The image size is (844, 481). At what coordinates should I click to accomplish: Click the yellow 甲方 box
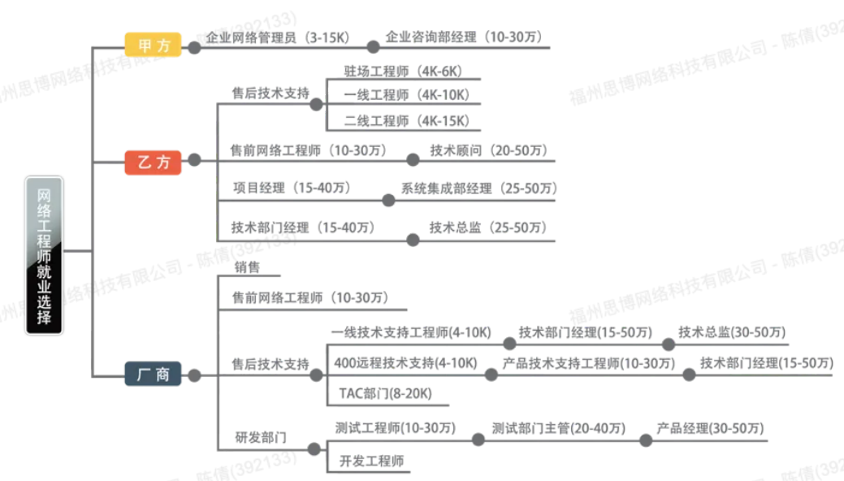(x=153, y=45)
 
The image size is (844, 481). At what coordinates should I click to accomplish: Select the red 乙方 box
(x=153, y=162)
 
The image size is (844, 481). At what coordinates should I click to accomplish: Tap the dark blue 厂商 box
(x=153, y=375)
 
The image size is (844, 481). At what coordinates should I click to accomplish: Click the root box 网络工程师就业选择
(x=44, y=256)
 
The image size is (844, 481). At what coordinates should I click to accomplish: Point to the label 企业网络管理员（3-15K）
(x=279, y=37)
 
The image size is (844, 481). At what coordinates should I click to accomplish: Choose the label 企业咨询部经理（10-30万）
(x=465, y=37)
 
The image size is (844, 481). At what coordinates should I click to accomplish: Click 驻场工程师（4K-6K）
(x=403, y=71)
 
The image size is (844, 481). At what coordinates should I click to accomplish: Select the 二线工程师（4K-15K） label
(x=407, y=120)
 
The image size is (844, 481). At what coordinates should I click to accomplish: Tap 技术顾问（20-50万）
(x=489, y=150)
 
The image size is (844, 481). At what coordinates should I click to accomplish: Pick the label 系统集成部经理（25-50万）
(x=479, y=188)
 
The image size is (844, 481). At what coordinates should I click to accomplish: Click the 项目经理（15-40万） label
(x=292, y=188)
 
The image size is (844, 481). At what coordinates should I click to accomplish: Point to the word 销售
(x=247, y=267)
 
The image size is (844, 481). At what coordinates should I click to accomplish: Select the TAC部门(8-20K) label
(x=385, y=393)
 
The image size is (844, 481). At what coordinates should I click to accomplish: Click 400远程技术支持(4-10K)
(x=405, y=363)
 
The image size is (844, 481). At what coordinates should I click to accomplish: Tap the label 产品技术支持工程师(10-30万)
(x=588, y=363)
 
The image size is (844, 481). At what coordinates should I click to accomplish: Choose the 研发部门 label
(x=261, y=437)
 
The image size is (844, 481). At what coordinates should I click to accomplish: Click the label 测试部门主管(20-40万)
(x=559, y=428)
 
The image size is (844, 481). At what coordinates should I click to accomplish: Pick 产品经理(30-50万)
(x=710, y=428)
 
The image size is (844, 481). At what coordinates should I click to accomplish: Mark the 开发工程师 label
(x=371, y=461)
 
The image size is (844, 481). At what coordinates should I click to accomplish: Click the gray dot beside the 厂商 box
(x=194, y=375)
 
